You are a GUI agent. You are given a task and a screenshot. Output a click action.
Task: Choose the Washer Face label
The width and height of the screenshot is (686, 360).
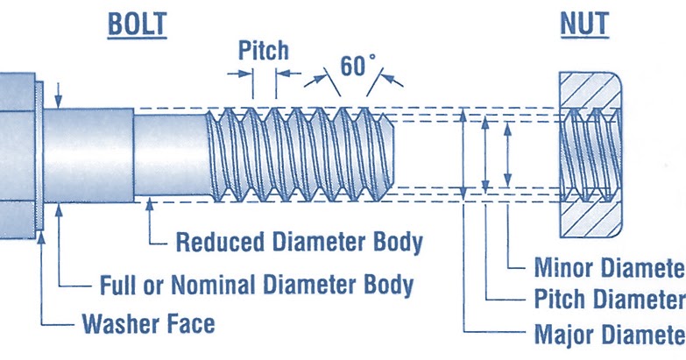(x=148, y=324)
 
